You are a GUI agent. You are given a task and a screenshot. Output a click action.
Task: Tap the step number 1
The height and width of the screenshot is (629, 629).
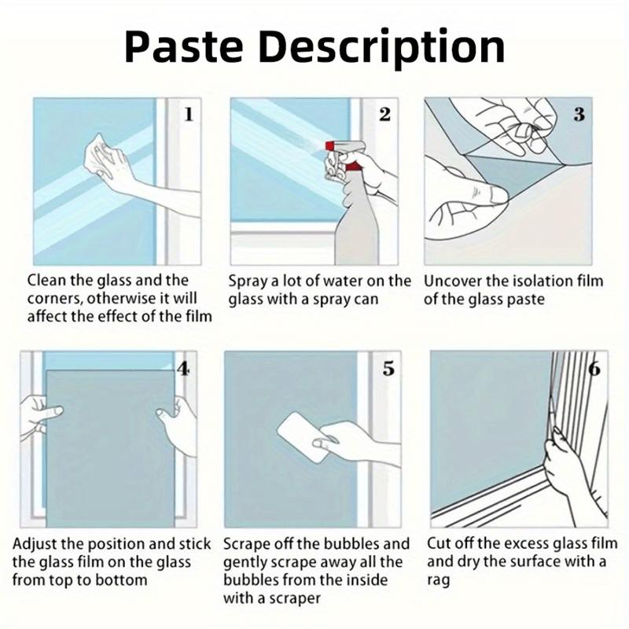click(x=188, y=115)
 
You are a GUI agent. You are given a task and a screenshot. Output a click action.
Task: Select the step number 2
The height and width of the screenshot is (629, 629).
click(x=384, y=115)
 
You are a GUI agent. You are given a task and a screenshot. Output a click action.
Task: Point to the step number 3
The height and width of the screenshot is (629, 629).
click(x=579, y=115)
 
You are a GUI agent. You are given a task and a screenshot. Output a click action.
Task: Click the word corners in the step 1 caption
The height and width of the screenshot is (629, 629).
click(x=54, y=300)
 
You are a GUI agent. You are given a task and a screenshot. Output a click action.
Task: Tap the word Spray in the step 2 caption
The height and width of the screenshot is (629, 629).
click(x=248, y=281)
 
